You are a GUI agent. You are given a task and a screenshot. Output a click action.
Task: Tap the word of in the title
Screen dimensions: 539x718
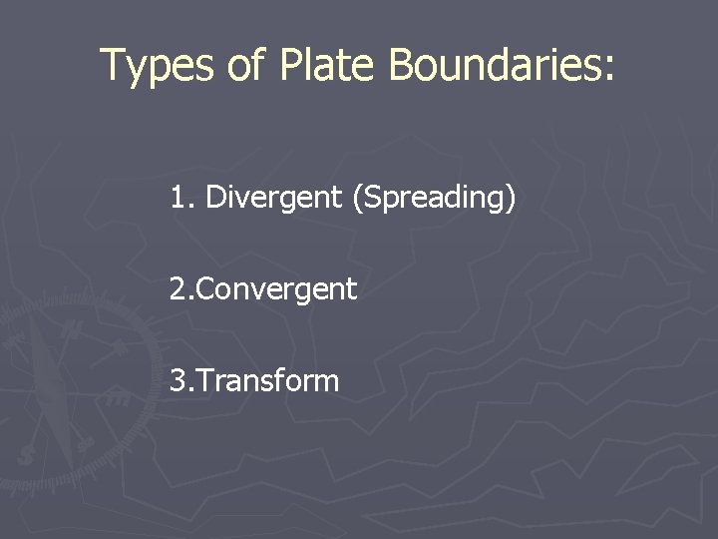click(x=245, y=66)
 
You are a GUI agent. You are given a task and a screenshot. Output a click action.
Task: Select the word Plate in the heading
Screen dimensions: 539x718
click(x=329, y=66)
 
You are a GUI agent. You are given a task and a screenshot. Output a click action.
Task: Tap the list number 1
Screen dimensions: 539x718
click(x=178, y=198)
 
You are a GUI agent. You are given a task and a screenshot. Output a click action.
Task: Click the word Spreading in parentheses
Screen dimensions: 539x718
click(x=433, y=199)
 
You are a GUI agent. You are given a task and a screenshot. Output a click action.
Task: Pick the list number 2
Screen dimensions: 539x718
click(x=178, y=289)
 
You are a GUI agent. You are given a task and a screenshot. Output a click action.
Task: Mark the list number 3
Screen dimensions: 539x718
click(x=178, y=380)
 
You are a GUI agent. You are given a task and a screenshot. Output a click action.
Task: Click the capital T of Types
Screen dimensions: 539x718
click(x=113, y=66)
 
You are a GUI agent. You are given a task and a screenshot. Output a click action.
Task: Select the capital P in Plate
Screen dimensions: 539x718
click(x=290, y=66)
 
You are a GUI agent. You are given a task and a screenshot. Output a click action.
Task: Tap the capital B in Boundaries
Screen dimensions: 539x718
click(x=401, y=66)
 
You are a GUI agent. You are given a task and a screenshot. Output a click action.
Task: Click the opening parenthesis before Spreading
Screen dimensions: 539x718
click(x=356, y=199)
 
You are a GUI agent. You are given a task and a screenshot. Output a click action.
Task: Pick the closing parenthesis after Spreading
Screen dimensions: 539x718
click(x=511, y=199)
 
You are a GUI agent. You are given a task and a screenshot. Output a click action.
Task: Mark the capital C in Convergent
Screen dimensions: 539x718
click(x=205, y=290)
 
